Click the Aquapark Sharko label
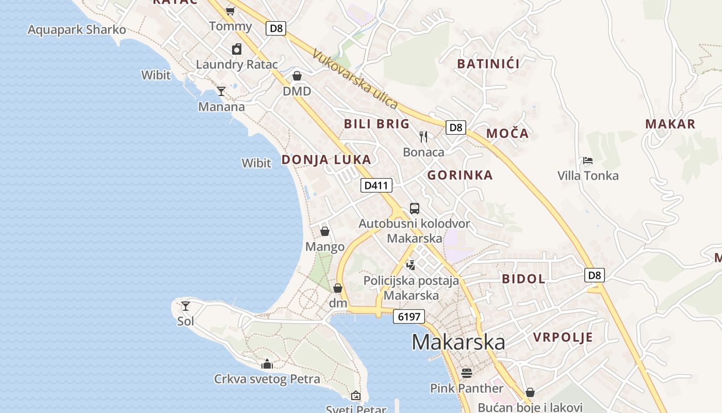point(76,29)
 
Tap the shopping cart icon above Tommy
point(231,11)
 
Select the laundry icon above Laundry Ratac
point(237,49)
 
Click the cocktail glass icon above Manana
point(221,91)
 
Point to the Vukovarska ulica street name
point(355,79)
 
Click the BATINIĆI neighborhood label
point(488,64)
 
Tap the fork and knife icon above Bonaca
point(423,137)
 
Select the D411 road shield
point(376,185)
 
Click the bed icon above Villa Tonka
point(587,161)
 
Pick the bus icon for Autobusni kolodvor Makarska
point(415,209)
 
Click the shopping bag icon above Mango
point(325,231)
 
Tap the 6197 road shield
point(409,316)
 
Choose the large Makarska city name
point(458,342)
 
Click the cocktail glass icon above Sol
point(186,306)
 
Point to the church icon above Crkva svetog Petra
point(267,364)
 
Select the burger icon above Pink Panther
point(467,373)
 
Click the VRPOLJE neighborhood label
point(563,338)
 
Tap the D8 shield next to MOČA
point(456,128)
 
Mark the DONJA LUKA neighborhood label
point(326,160)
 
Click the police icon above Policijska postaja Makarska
point(411,265)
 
